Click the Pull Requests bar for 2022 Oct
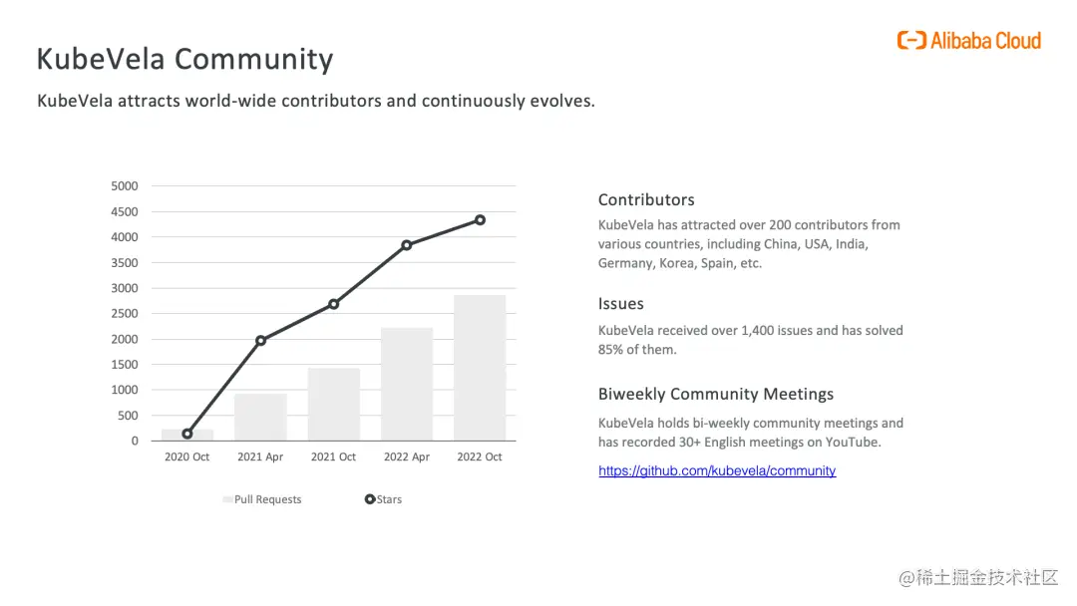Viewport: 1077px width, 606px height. [x=480, y=368]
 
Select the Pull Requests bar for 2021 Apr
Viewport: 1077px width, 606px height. [x=260, y=417]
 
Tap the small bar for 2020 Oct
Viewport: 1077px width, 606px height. [x=187, y=436]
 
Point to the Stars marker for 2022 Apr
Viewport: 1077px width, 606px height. [x=407, y=245]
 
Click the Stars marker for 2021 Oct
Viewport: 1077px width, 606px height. [x=333, y=304]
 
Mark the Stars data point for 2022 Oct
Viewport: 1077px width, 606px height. [x=480, y=219]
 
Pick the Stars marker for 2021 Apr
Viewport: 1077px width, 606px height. [x=260, y=341]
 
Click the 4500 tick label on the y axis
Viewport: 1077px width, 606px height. [x=125, y=211]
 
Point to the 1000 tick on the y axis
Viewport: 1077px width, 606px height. [x=125, y=390]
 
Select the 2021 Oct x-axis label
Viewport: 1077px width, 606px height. [x=333, y=457]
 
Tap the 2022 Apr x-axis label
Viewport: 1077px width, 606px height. [x=407, y=457]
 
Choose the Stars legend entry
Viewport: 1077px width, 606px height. [x=384, y=499]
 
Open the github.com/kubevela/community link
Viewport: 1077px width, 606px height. [x=717, y=470]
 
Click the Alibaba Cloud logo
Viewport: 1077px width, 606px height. [x=968, y=41]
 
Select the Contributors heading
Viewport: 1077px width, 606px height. [x=646, y=199]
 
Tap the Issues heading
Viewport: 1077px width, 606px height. [x=621, y=304]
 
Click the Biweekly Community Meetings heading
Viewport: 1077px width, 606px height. [x=716, y=394]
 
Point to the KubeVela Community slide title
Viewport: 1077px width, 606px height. [x=184, y=59]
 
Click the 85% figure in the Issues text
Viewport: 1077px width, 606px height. [x=611, y=350]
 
